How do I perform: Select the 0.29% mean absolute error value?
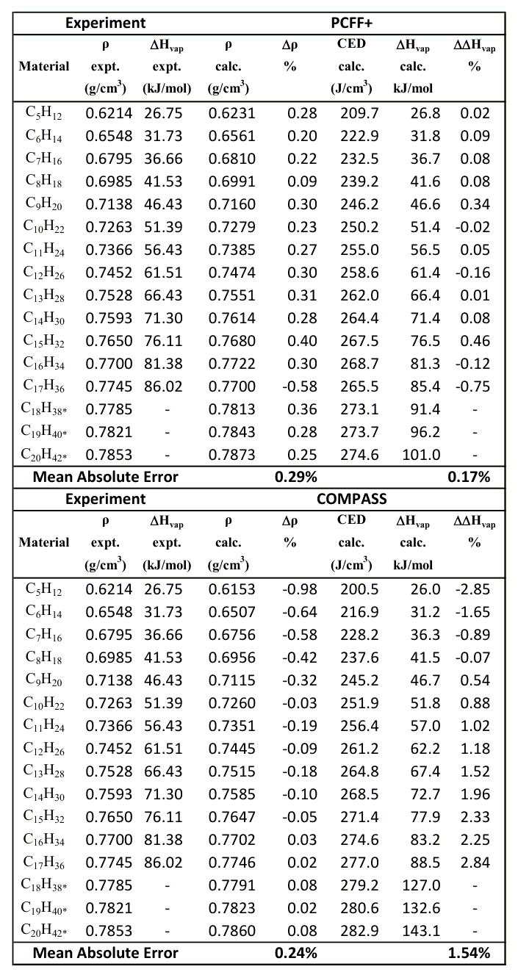[x=295, y=477]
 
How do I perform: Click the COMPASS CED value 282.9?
[x=356, y=931]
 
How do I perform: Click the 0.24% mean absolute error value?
[x=295, y=954]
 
